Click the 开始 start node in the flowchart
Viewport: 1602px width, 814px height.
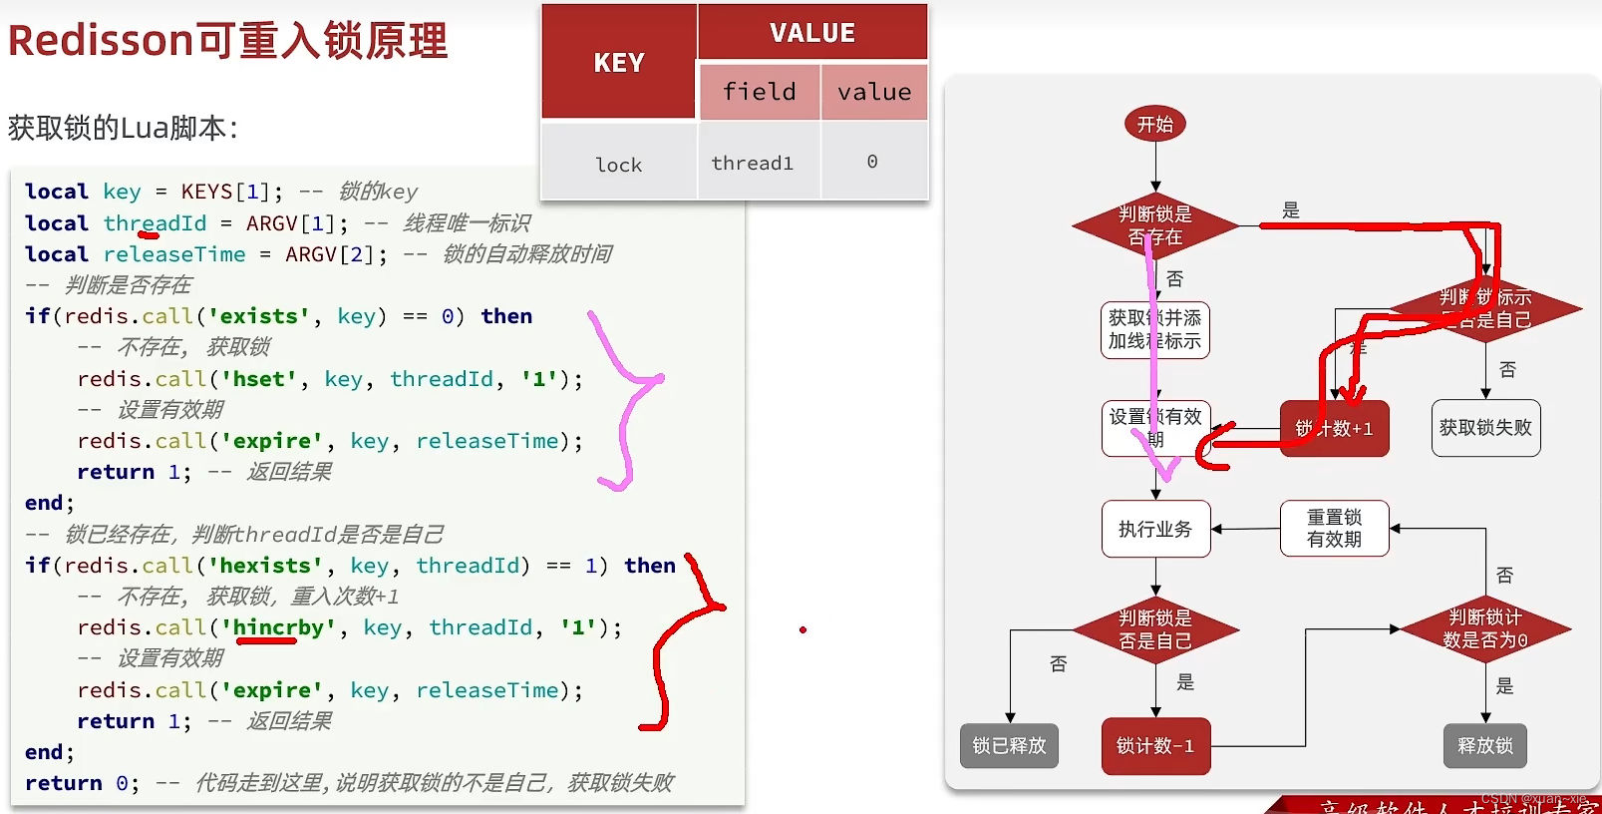pyautogui.click(x=1155, y=125)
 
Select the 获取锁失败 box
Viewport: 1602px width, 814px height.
pyautogui.click(x=1485, y=428)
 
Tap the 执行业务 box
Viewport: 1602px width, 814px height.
pyautogui.click(x=1155, y=529)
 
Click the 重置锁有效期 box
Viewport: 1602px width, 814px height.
pyautogui.click(x=1334, y=529)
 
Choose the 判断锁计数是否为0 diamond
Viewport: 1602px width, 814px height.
pyautogui.click(x=1485, y=628)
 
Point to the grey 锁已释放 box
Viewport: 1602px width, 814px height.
pyautogui.click(x=1009, y=745)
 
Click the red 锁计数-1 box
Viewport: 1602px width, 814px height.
pyautogui.click(x=1155, y=745)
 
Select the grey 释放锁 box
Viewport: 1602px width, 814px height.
pyautogui.click(x=1484, y=745)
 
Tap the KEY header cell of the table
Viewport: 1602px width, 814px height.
pyautogui.click(x=619, y=63)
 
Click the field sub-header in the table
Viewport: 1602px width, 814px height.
pyautogui.click(x=760, y=92)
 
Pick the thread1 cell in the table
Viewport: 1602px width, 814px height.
pyautogui.click(x=753, y=163)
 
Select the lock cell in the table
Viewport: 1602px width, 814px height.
pyautogui.click(x=619, y=165)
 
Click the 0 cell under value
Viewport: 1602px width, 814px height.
pyautogui.click(x=872, y=162)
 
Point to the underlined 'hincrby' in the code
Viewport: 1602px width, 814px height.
pyautogui.click(x=278, y=627)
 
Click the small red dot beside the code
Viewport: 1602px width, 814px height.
pyautogui.click(x=802, y=629)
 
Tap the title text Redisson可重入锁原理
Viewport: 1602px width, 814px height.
pyautogui.click(x=227, y=41)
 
